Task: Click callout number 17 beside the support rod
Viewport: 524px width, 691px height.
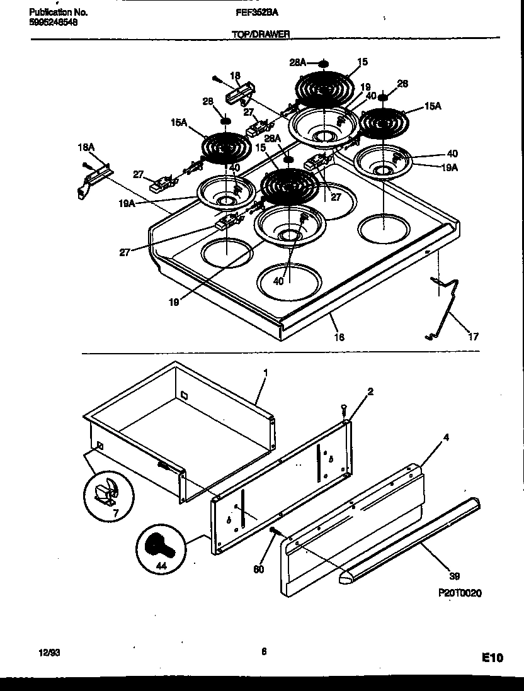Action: pyautogui.click(x=473, y=337)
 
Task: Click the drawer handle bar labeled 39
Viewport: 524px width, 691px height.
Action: pyautogui.click(x=409, y=535)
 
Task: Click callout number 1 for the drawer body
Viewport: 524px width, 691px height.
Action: pyautogui.click(x=265, y=373)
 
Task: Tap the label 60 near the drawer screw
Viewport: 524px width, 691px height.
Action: pyautogui.click(x=258, y=570)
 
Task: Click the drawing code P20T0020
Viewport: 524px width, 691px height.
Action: pyautogui.click(x=459, y=593)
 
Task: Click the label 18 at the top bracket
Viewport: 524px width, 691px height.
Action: pyautogui.click(x=235, y=76)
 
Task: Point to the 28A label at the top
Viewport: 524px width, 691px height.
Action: pyautogui.click(x=297, y=62)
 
